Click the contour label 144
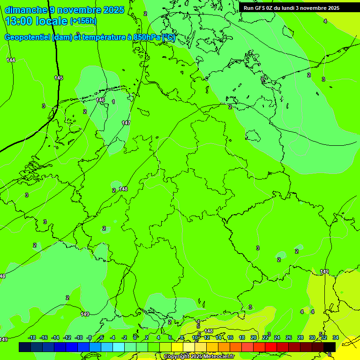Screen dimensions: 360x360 11,60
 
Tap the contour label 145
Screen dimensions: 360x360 59,78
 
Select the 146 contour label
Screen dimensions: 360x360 100,100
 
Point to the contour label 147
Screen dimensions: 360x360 126,123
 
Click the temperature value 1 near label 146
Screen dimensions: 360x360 113,102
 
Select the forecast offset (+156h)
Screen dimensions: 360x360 83,21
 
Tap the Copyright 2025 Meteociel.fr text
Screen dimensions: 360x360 199,357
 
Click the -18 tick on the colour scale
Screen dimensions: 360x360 32,337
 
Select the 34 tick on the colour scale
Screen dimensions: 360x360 336,337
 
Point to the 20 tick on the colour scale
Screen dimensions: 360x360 254,337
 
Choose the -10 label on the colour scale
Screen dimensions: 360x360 79,337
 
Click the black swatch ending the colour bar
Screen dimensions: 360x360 330,347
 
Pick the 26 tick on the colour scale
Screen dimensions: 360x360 289,337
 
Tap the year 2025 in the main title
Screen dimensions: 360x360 112,10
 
